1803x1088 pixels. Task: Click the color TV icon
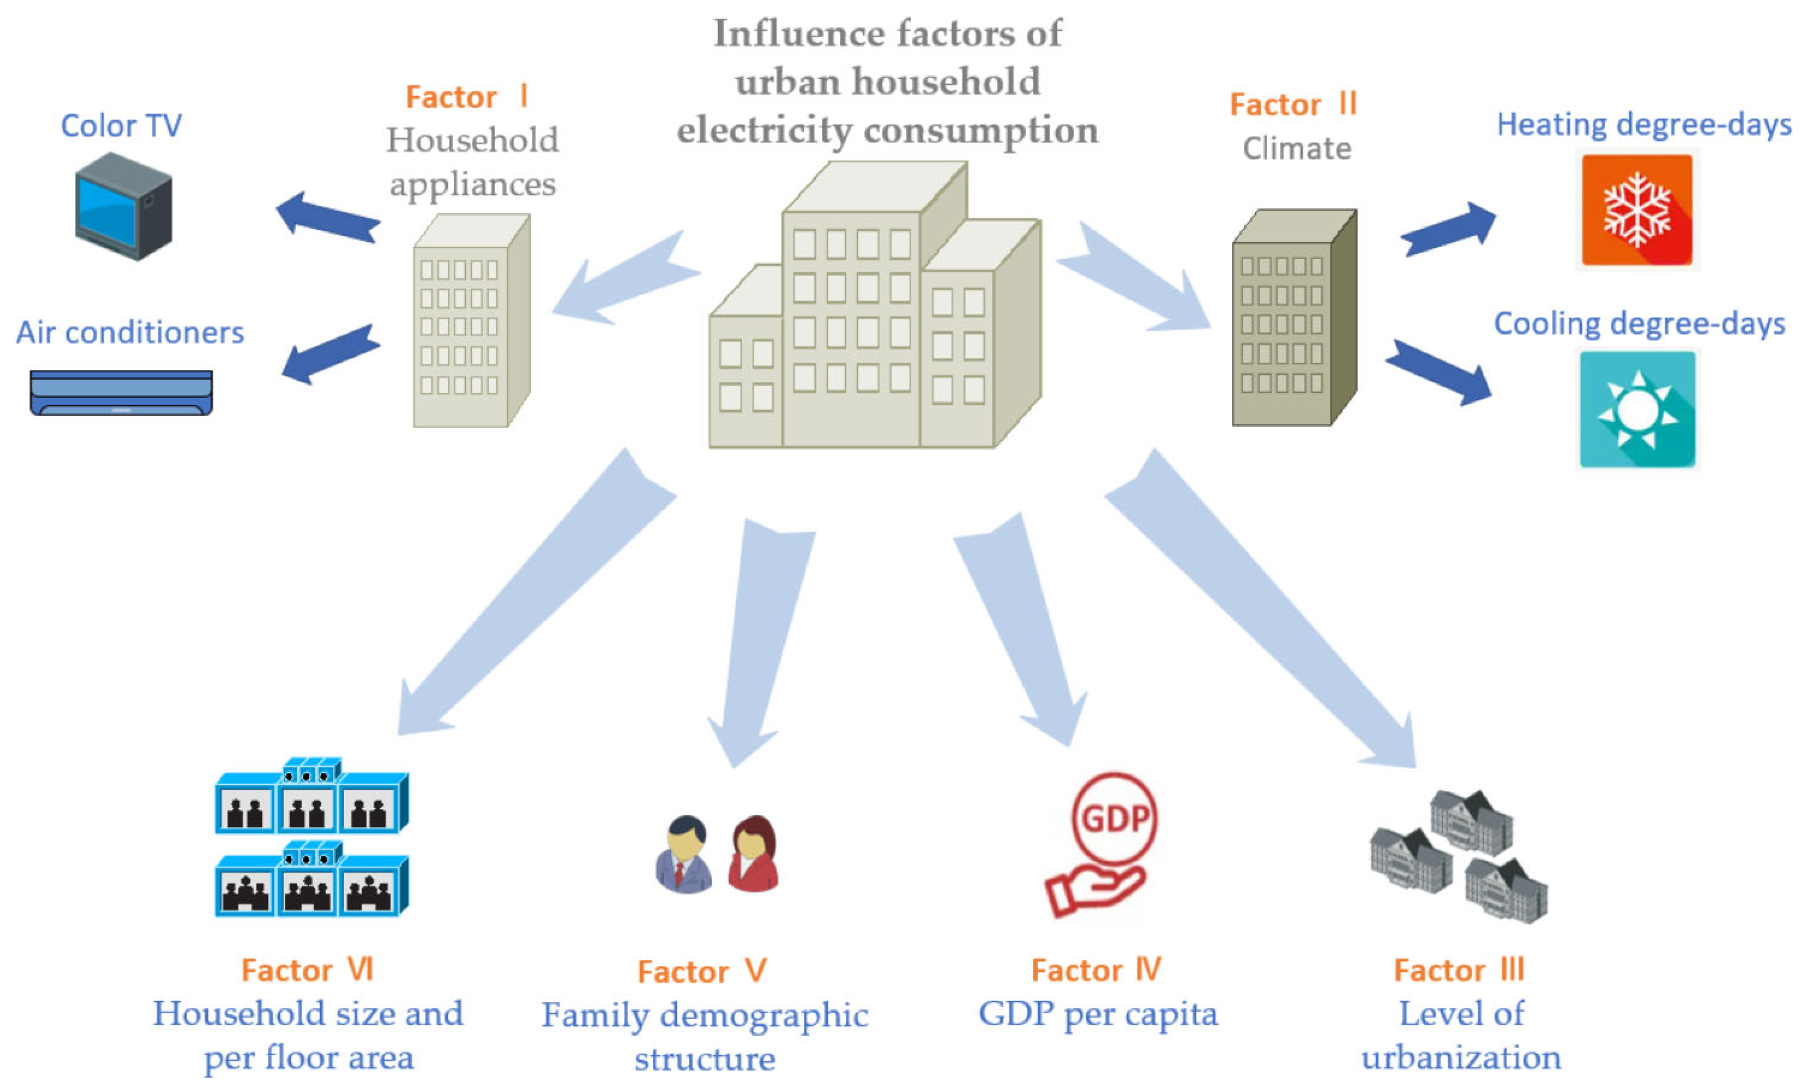pyautogui.click(x=123, y=206)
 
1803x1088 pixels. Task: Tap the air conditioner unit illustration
pyautogui.click(x=121, y=393)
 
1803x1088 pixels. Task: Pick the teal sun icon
pyautogui.click(x=1637, y=409)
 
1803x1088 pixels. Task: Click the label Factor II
pyautogui.click(x=1293, y=105)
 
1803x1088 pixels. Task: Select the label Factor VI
pyautogui.click(x=308, y=970)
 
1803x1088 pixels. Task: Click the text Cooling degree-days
pyautogui.click(x=1639, y=324)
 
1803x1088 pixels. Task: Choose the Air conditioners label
pyautogui.click(x=130, y=333)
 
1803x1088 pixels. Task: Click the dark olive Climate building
pyautogui.click(x=1293, y=318)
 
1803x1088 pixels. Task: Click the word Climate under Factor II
pyautogui.click(x=1297, y=149)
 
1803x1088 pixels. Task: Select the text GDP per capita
pyautogui.click(x=1098, y=1014)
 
